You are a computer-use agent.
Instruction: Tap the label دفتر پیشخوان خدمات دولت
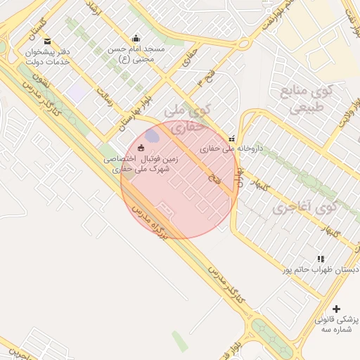pos(47,57)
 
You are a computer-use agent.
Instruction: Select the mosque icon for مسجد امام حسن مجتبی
pos(136,38)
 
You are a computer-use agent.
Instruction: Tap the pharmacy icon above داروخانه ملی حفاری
pos(232,139)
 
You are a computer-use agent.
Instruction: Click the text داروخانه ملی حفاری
pos(231,149)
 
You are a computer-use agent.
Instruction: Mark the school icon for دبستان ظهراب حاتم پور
pos(321,259)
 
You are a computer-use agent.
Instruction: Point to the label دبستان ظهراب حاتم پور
pos(321,269)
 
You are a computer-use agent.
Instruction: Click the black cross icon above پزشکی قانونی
pos(336,309)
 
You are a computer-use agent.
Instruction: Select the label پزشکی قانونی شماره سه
pos(337,324)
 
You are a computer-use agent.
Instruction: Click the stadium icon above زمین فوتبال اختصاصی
pos(141,148)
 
